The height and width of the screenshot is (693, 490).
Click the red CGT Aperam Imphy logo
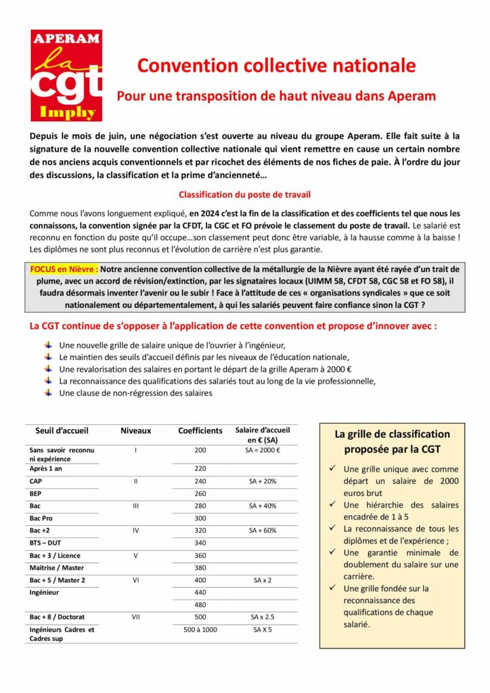[66, 75]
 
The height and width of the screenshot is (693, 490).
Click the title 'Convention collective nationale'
[276, 66]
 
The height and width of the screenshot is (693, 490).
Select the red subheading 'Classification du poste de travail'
[244, 194]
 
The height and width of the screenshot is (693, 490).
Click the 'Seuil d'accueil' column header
[62, 430]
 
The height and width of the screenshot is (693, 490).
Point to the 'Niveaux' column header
[135, 430]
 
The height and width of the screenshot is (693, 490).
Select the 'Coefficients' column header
[200, 430]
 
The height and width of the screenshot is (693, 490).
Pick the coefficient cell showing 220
[200, 468]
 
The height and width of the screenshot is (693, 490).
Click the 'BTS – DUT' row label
[45, 543]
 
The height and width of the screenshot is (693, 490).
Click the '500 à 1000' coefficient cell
[200, 630]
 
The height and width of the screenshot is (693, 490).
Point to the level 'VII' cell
[135, 617]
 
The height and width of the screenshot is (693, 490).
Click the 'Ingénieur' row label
[45, 592]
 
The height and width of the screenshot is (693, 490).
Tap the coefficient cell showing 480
[200, 604]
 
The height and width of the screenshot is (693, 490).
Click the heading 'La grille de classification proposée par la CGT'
[392, 441]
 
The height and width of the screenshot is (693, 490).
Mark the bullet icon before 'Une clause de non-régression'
[48, 393]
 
